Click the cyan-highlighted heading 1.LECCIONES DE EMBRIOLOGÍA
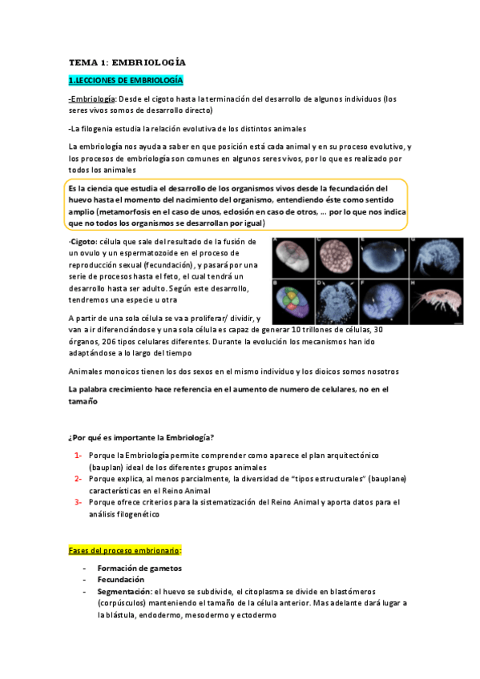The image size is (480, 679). coord(126,80)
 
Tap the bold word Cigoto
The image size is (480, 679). coord(87,241)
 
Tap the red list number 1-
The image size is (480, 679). coord(78,455)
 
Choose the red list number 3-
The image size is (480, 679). coord(78,502)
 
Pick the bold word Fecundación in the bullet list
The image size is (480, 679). coord(121,579)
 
